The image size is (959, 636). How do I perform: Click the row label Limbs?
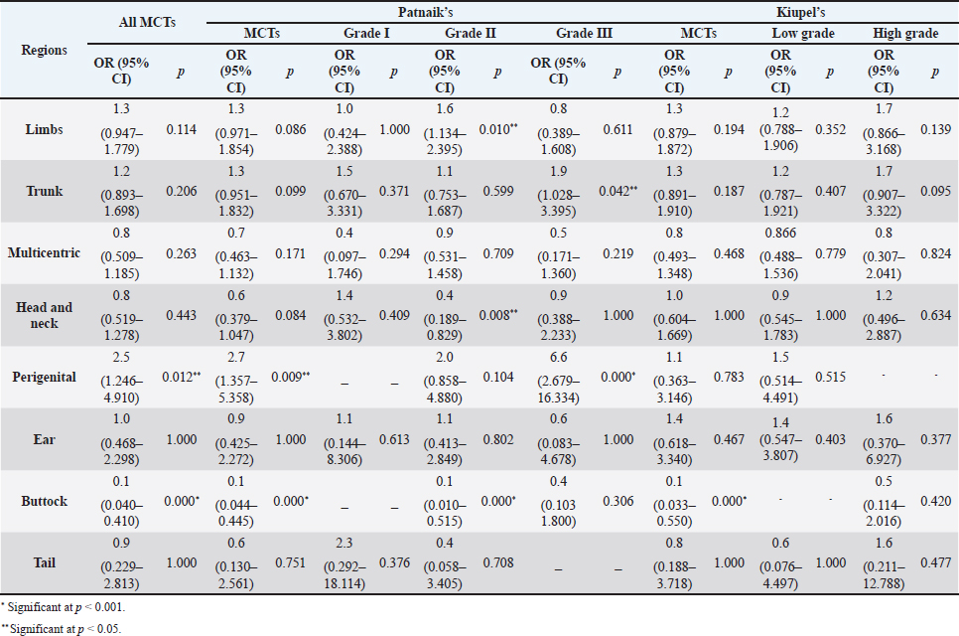click(45, 128)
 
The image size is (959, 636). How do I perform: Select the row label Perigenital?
click(45, 377)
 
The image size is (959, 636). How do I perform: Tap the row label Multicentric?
click(45, 252)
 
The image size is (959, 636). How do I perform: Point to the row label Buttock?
click(45, 501)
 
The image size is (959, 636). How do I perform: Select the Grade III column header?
click(585, 33)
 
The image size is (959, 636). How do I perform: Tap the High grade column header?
click(904, 33)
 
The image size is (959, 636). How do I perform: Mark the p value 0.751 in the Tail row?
click(285, 563)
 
